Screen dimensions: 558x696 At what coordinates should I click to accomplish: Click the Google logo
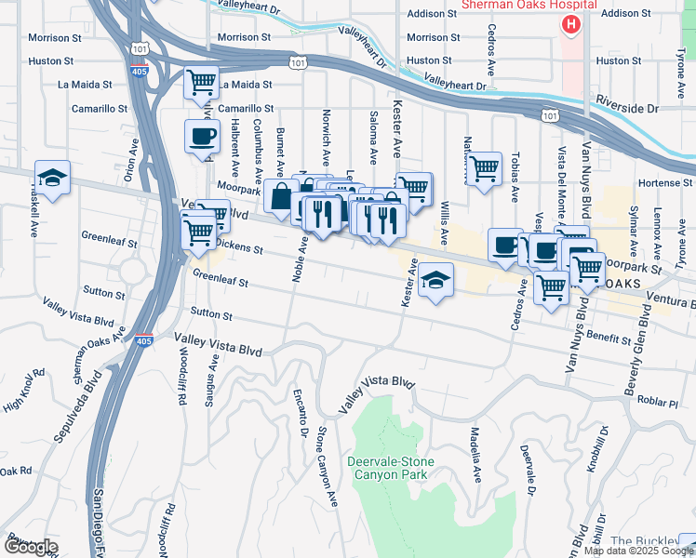[30, 547]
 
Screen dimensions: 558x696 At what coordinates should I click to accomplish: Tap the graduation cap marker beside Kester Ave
[435, 280]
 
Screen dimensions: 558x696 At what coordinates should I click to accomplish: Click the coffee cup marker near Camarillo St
[202, 137]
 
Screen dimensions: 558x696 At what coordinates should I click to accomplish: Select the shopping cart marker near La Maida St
[201, 83]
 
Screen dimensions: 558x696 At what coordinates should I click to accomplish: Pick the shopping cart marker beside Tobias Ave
[484, 168]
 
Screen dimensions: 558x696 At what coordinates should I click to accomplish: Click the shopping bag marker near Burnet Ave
[280, 196]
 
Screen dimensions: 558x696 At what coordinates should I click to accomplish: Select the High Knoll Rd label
[24, 390]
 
